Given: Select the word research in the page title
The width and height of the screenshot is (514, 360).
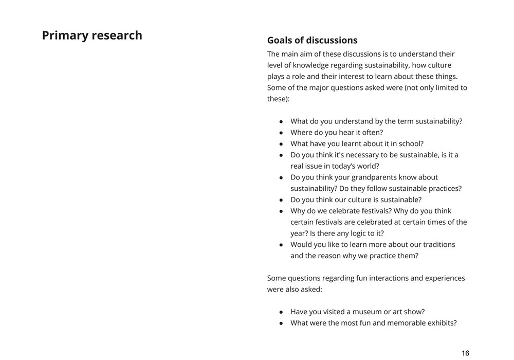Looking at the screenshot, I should click(x=116, y=35).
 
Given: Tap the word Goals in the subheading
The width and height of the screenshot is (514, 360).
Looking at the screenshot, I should click(x=281, y=40).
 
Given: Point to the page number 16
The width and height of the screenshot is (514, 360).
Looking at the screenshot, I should click(x=465, y=353).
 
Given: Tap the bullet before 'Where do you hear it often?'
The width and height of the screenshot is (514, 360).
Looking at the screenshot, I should click(x=281, y=133).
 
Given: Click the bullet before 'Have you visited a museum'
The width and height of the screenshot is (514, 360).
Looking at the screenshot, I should click(x=281, y=312).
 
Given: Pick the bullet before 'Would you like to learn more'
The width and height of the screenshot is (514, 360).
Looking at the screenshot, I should click(x=281, y=245).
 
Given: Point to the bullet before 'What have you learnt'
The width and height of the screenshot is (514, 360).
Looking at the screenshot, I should click(x=281, y=144).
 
